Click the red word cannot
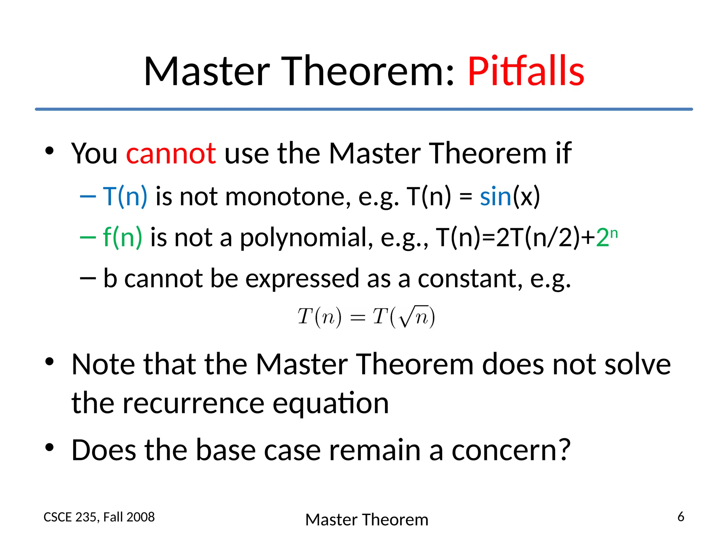[x=171, y=154]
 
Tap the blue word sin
[x=495, y=197]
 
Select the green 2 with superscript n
[x=606, y=237]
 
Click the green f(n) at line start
[x=122, y=237]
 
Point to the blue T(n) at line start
[x=125, y=197]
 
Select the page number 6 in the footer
[x=681, y=516]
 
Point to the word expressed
[x=302, y=279]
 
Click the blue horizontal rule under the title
[x=364, y=109]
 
